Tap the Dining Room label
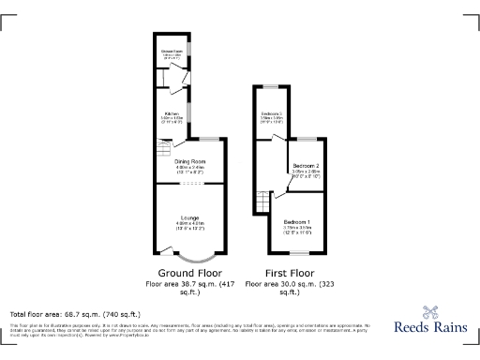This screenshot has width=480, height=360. (x=189, y=161)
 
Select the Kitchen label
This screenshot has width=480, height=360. (x=172, y=112)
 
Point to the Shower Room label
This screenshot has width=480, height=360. (x=172, y=51)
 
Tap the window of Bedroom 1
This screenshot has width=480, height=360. (x=298, y=252)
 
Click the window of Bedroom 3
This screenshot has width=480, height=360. (x=271, y=87)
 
